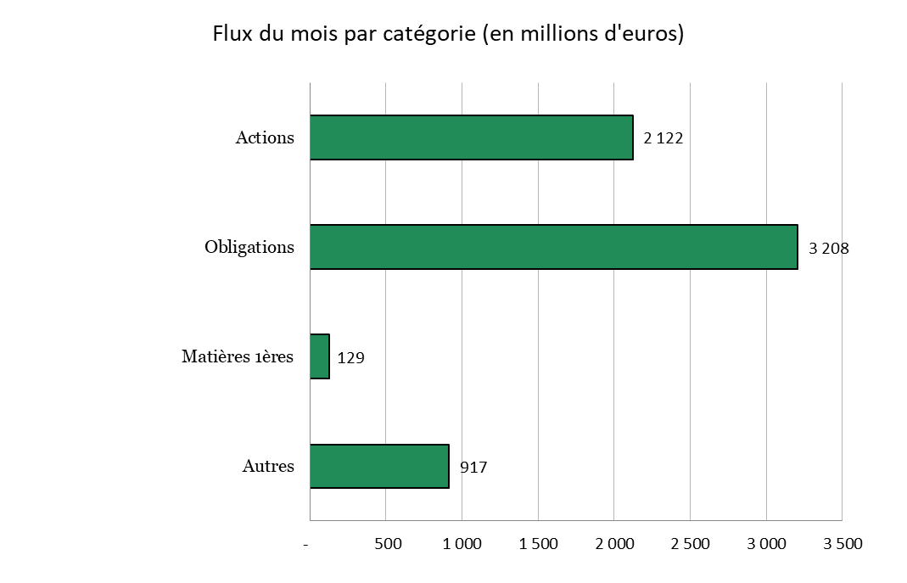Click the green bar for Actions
pos(472,137)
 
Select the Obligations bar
pos(553,247)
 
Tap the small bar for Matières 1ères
pos(320,356)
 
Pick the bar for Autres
pos(379,466)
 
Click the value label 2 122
pos(663,138)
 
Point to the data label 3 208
pos(829,248)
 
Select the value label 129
pos(351,358)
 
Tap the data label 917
pos(473,468)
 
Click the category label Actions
pos(265,137)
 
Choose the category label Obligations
pos(249,248)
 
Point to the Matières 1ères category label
pos(238,356)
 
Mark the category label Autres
pos(268,466)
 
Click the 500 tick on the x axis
pos(388,544)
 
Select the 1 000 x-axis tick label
pos(462,544)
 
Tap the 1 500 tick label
pos(539,544)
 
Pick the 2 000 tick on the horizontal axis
pos(615,544)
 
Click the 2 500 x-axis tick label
pos(690,544)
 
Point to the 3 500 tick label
pos(843,544)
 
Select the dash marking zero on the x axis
pos(306,545)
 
